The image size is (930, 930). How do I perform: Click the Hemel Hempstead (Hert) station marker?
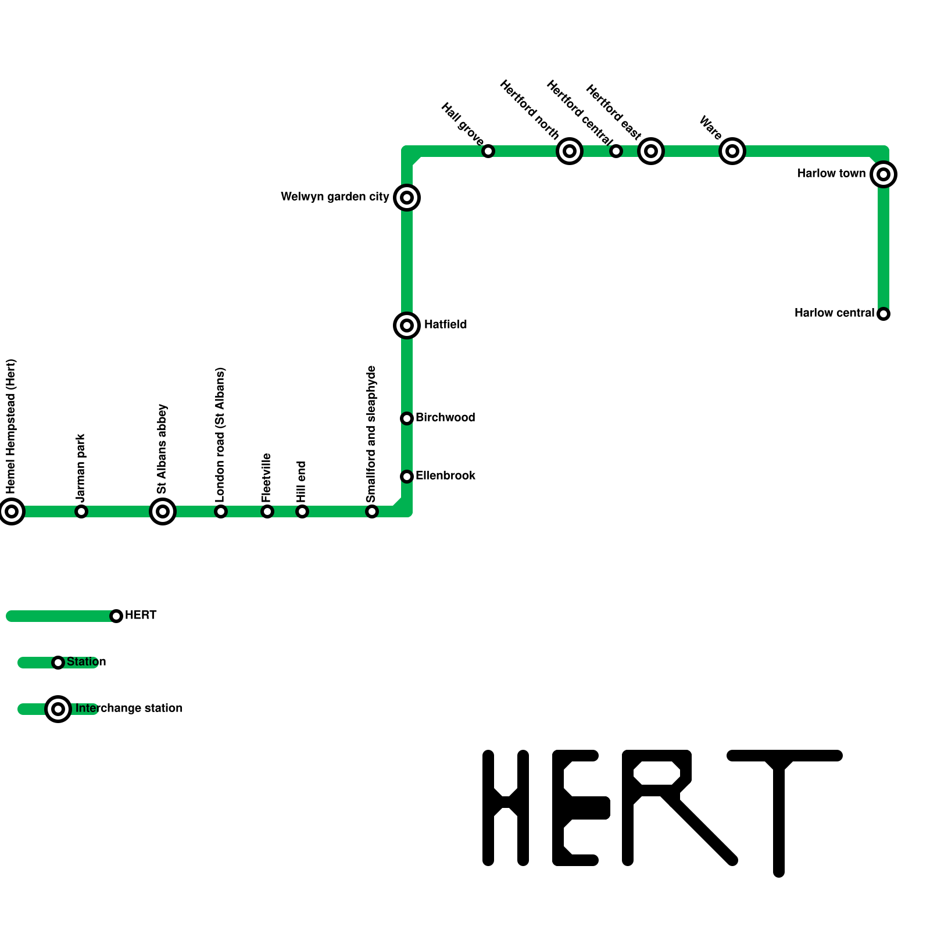coord(12,512)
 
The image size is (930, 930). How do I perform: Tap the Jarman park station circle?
coord(81,512)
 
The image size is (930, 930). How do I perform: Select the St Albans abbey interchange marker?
coord(163,512)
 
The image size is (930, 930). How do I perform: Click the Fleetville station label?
coord(267,478)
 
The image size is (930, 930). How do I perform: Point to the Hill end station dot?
coord(302,512)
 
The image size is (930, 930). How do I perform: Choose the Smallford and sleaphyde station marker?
coord(372,512)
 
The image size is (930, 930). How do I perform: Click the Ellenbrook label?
coord(445,476)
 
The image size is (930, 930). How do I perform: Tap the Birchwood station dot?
coord(407,419)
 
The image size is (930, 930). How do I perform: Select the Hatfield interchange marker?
coord(407,325)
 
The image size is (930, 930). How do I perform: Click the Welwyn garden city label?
coord(335,197)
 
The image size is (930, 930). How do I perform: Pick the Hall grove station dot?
coord(488,151)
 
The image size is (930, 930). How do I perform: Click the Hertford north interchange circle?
coord(570,151)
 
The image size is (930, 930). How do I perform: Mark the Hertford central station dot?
coord(616,151)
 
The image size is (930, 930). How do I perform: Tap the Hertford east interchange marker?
coord(651,151)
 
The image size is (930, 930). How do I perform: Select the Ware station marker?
coord(732,151)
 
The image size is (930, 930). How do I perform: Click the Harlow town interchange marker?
coord(884,174)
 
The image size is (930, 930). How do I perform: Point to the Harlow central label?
coord(834,313)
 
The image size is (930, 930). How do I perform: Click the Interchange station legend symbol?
coord(58,709)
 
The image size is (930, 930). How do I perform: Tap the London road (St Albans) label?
coord(220,434)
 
